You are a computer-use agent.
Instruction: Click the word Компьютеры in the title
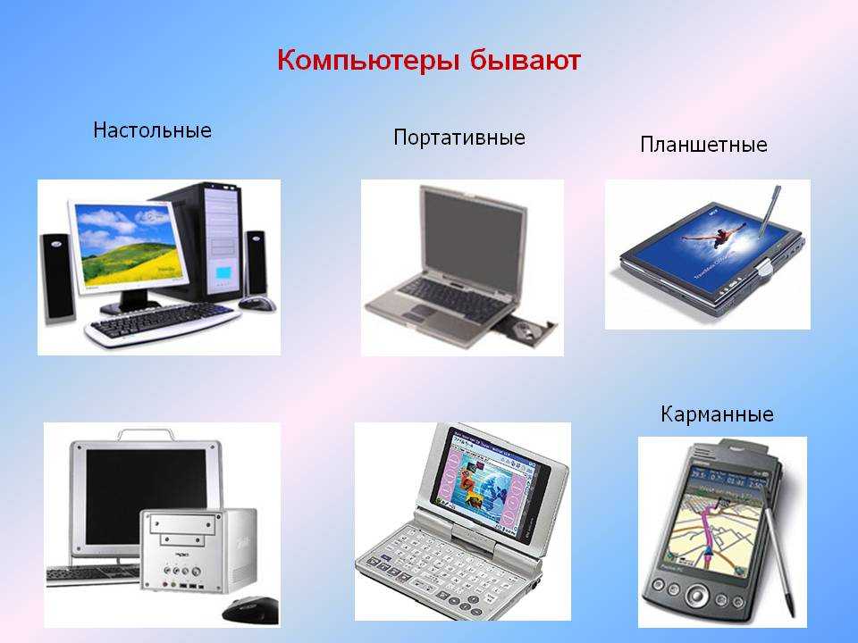coord(368,60)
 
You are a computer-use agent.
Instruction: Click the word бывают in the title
coord(525,59)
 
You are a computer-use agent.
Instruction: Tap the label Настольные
coord(152,130)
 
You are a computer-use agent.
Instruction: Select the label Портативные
coord(459,138)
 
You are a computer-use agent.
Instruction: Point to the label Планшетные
coord(703,145)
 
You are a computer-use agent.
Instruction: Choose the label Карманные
coord(717,413)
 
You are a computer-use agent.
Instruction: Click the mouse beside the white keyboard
coord(257,303)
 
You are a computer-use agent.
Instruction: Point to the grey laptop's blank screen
coord(474,240)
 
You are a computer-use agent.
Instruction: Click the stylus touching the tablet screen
coord(769,211)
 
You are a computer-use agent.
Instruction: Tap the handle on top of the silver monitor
coord(147,435)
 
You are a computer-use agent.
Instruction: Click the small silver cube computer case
coord(198,551)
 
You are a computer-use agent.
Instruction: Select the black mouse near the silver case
coord(251,610)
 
